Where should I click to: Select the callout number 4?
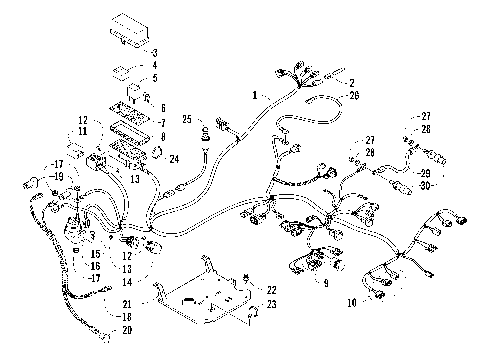(155, 64)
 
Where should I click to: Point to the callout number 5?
(155, 78)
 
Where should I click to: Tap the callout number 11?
(84, 131)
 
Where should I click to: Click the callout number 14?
(126, 283)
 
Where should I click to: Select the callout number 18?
(126, 315)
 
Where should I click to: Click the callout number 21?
(127, 302)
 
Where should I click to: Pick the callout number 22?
(270, 289)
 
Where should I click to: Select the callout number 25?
(186, 120)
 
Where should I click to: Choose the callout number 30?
(426, 186)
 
